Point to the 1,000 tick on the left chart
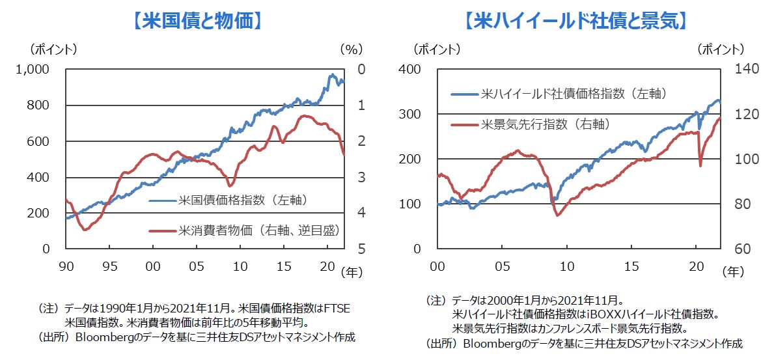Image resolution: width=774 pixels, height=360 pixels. click(41, 70)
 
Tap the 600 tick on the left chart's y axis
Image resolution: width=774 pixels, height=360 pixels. click(46, 141)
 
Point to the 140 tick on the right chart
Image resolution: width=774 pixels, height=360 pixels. click(738, 70)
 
